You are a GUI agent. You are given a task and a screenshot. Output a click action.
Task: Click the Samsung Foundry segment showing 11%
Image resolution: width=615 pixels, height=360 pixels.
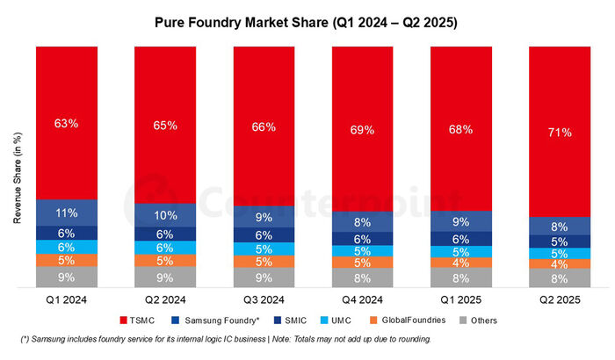tap(66, 212)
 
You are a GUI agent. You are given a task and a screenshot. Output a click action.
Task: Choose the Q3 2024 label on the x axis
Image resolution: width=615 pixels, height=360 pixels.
tap(264, 299)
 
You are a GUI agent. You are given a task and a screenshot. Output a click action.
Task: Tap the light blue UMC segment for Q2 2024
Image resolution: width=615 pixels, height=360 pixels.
tap(164, 248)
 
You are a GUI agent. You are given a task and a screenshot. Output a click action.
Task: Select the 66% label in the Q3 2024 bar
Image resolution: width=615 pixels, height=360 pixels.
tap(264, 127)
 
